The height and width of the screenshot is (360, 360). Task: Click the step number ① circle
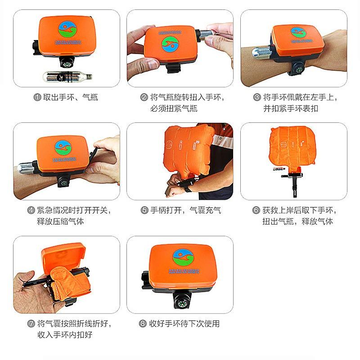coord(37,97)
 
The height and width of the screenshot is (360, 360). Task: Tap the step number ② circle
coord(144,97)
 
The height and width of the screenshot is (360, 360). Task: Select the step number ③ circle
coord(257,97)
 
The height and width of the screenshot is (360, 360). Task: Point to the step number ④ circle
coord(31,210)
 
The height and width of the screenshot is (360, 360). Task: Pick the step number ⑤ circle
coord(144,210)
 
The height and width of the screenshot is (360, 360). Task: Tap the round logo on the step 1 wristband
coord(66,28)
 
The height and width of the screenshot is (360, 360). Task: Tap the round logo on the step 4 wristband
coord(63,147)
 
